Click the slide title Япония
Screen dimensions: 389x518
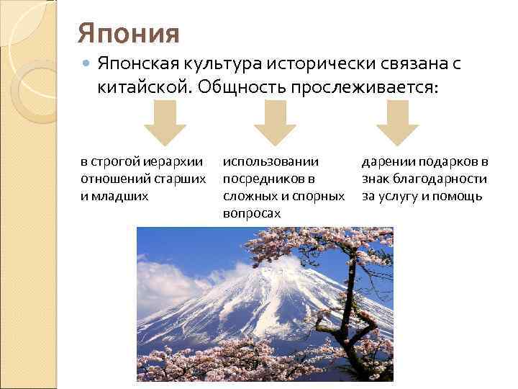pyautogui.click(x=128, y=32)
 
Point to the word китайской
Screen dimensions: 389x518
pyautogui.click(x=140, y=87)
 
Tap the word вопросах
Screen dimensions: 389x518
pyautogui.click(x=251, y=213)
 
